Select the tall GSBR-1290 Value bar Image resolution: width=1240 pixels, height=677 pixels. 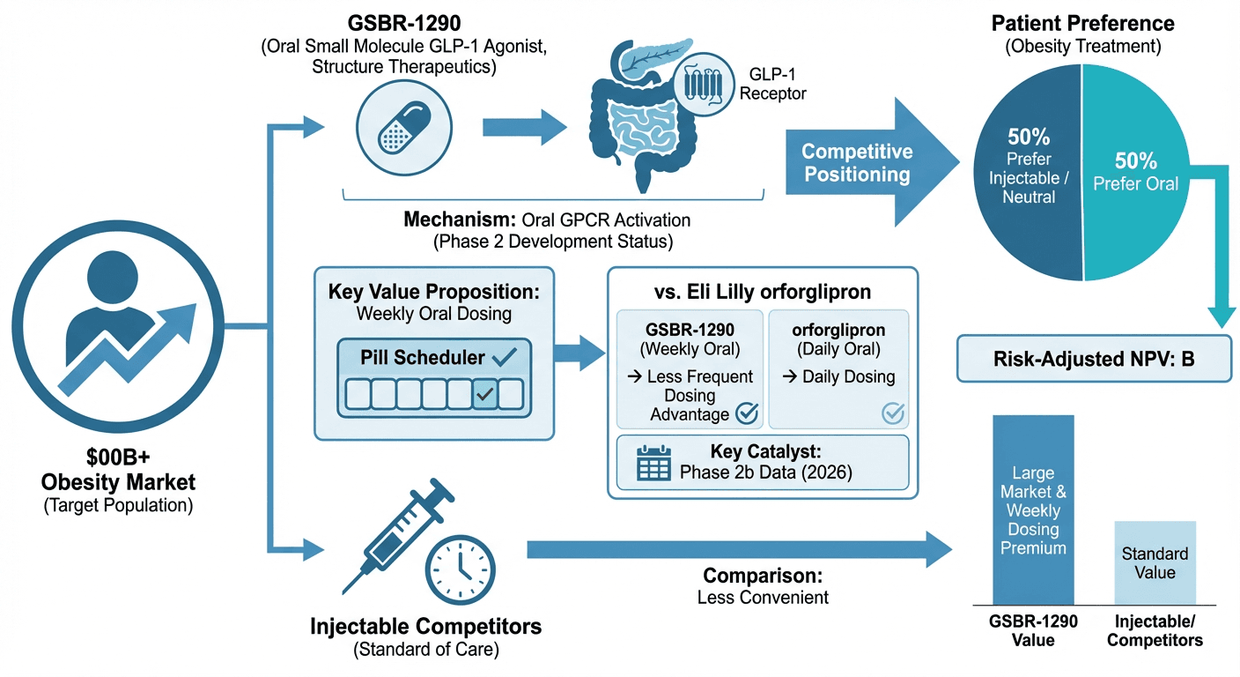coord(1033,509)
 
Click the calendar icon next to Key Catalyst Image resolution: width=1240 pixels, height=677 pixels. coord(653,462)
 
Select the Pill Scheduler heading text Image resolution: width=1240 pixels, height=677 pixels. coord(422,357)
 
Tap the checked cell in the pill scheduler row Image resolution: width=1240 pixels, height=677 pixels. coord(484,394)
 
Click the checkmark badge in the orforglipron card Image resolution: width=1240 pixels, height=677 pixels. coord(892,412)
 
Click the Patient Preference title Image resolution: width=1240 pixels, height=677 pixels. coord(1082,23)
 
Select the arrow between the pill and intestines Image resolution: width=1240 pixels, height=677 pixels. coord(525,127)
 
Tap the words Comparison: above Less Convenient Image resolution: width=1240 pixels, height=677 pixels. coord(763,576)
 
